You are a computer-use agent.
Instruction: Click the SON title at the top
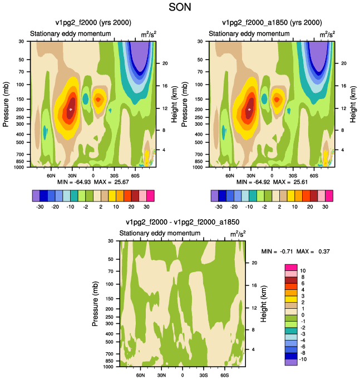(180, 7)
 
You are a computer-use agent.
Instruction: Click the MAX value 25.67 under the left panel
(121, 182)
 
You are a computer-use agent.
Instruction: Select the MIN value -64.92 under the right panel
(262, 182)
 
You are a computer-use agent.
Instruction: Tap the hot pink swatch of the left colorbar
(150, 196)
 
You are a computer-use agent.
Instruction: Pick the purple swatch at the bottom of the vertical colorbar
(291, 362)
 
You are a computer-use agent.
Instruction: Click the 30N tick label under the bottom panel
(161, 375)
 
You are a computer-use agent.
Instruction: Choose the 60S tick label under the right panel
(314, 176)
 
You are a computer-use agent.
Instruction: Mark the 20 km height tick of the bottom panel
(254, 263)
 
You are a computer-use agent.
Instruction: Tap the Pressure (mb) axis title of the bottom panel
(95, 304)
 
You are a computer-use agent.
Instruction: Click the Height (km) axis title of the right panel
(353, 104)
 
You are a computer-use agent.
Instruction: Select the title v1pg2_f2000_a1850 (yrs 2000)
(272, 23)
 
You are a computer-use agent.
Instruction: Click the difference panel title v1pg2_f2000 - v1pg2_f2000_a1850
(183, 222)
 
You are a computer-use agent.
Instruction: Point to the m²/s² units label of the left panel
(149, 34)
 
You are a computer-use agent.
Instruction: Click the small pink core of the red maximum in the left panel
(71, 110)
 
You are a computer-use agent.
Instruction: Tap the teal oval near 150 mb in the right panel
(264, 99)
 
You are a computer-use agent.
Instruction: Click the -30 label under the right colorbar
(219, 207)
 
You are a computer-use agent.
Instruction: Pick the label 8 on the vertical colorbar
(302, 277)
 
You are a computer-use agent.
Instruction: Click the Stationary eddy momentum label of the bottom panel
(160, 233)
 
